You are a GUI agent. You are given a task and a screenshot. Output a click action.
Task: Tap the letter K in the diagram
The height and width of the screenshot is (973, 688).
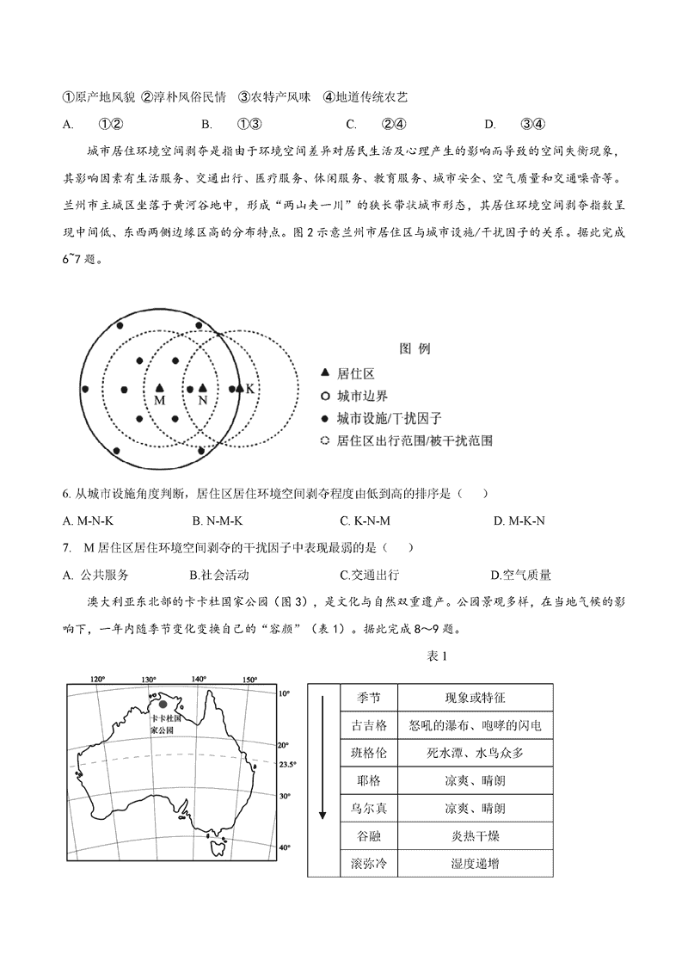tap(249, 389)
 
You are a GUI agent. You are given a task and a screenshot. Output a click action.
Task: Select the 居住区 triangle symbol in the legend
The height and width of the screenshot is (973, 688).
tap(324, 373)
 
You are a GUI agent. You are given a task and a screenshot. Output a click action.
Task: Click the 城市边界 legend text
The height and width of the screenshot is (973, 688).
tap(363, 396)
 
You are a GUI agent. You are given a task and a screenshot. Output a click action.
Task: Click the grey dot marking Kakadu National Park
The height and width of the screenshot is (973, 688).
tap(163, 704)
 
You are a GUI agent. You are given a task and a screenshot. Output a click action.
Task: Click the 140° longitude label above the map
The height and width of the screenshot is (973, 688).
tap(200, 680)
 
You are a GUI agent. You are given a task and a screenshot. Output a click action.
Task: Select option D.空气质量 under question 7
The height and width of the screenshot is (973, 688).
tap(520, 575)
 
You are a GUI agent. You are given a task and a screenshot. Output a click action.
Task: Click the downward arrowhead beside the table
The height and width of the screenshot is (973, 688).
tap(323, 814)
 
